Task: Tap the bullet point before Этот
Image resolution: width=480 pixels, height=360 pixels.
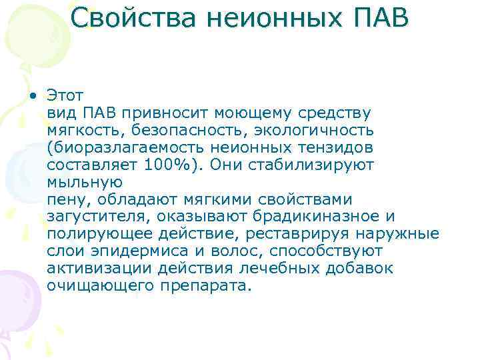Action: point(33,95)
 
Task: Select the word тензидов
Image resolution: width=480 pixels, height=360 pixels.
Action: point(334,147)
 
